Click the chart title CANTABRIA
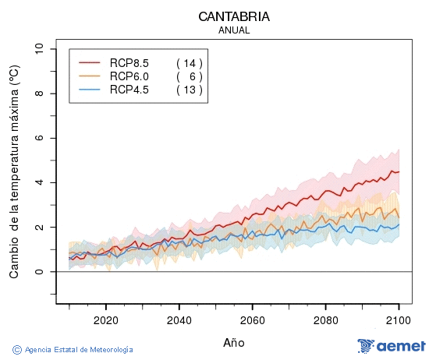pos(234,16)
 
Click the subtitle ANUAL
pos(234,30)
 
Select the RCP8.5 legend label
pos(129,62)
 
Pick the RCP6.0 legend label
pos(129,76)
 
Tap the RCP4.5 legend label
pos(129,90)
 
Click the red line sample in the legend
pos(90,62)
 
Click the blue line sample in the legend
pos(90,90)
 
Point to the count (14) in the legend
pos(189,62)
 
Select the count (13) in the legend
pos(189,90)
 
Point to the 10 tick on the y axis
pos(40,49)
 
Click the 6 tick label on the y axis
pos(40,138)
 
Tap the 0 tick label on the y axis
pos(40,272)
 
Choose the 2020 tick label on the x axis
pos(105,319)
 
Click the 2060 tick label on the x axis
pos(252,319)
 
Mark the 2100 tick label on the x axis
pos(399,319)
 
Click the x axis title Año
pos(234,342)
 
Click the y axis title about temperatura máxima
pos(13,171)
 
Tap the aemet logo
pos(391,346)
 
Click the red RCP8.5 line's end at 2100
pos(399,171)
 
